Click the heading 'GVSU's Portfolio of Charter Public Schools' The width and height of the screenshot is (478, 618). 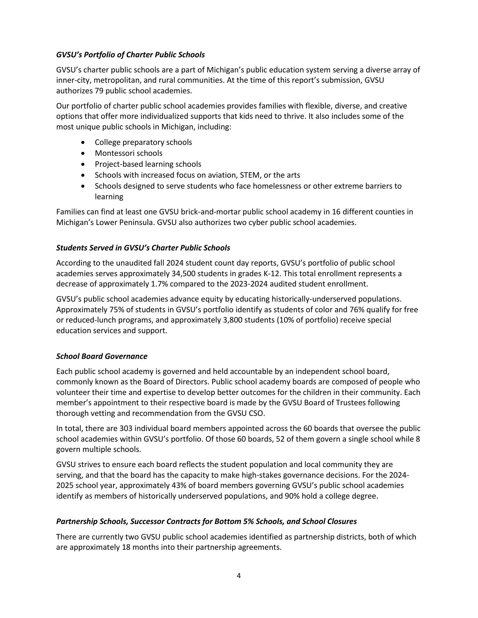tap(130, 55)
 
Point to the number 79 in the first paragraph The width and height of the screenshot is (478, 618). tap(99, 91)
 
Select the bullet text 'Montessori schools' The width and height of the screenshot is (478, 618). tap(129, 153)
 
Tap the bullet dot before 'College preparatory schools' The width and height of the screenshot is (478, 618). tap(84, 142)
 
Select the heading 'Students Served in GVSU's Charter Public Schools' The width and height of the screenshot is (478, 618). tap(143, 248)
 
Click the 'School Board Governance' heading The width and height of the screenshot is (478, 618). tap(101, 356)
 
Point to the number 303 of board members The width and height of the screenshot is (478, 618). tap(126, 429)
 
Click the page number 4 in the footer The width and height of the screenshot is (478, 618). tap(239, 576)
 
